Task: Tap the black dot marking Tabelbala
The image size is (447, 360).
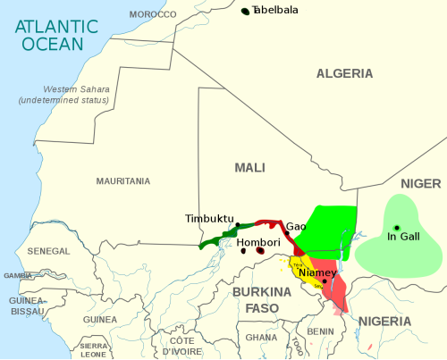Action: click(x=245, y=11)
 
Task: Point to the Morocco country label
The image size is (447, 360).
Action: click(x=153, y=14)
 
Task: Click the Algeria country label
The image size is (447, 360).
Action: click(x=343, y=74)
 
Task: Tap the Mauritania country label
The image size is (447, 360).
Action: click(x=122, y=180)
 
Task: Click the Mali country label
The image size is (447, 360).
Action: click(x=249, y=167)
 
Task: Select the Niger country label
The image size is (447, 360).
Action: click(x=420, y=183)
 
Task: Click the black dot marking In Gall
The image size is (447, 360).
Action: click(x=397, y=227)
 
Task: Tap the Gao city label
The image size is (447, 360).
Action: click(x=296, y=226)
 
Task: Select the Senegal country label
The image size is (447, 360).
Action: click(x=50, y=251)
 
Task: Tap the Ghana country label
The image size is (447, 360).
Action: click(x=261, y=338)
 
